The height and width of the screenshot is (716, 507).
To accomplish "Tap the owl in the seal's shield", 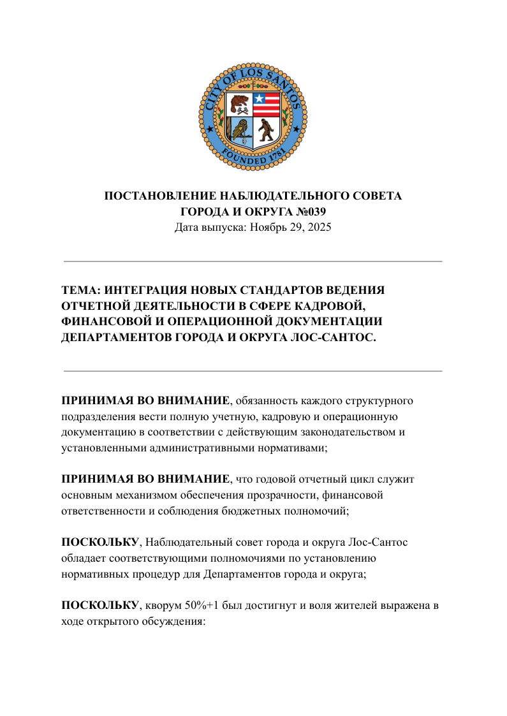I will click(240, 130).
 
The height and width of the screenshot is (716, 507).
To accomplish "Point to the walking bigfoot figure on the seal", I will click(265, 131).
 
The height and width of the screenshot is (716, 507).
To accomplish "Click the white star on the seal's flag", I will click(259, 99).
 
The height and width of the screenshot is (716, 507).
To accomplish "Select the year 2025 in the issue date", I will click(319, 227).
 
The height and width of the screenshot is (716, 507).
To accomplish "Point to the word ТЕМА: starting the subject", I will click(80, 290).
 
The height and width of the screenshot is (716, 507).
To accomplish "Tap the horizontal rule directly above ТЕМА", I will click(253, 261).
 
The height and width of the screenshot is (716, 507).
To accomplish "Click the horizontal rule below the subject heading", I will click(253, 370).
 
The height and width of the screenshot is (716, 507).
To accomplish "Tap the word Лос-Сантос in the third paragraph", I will click(379, 543).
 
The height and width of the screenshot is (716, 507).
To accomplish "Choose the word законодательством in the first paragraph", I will click(347, 432).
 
